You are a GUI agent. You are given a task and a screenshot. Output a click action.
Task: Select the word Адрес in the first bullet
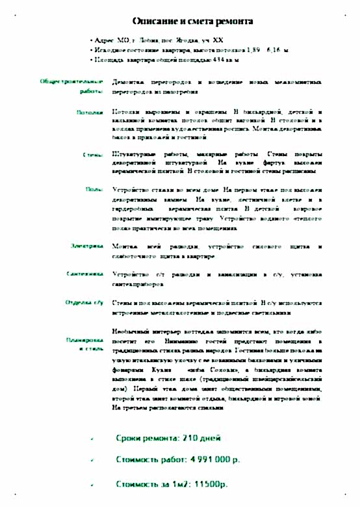pos(105,40)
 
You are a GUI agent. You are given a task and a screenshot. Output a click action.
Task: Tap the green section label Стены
pos(94,155)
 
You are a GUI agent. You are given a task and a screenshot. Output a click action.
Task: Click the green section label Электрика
pos(86,246)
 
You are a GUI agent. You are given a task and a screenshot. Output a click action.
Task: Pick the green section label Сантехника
pos(85,274)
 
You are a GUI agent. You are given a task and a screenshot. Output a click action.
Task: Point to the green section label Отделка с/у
pos(85,303)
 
